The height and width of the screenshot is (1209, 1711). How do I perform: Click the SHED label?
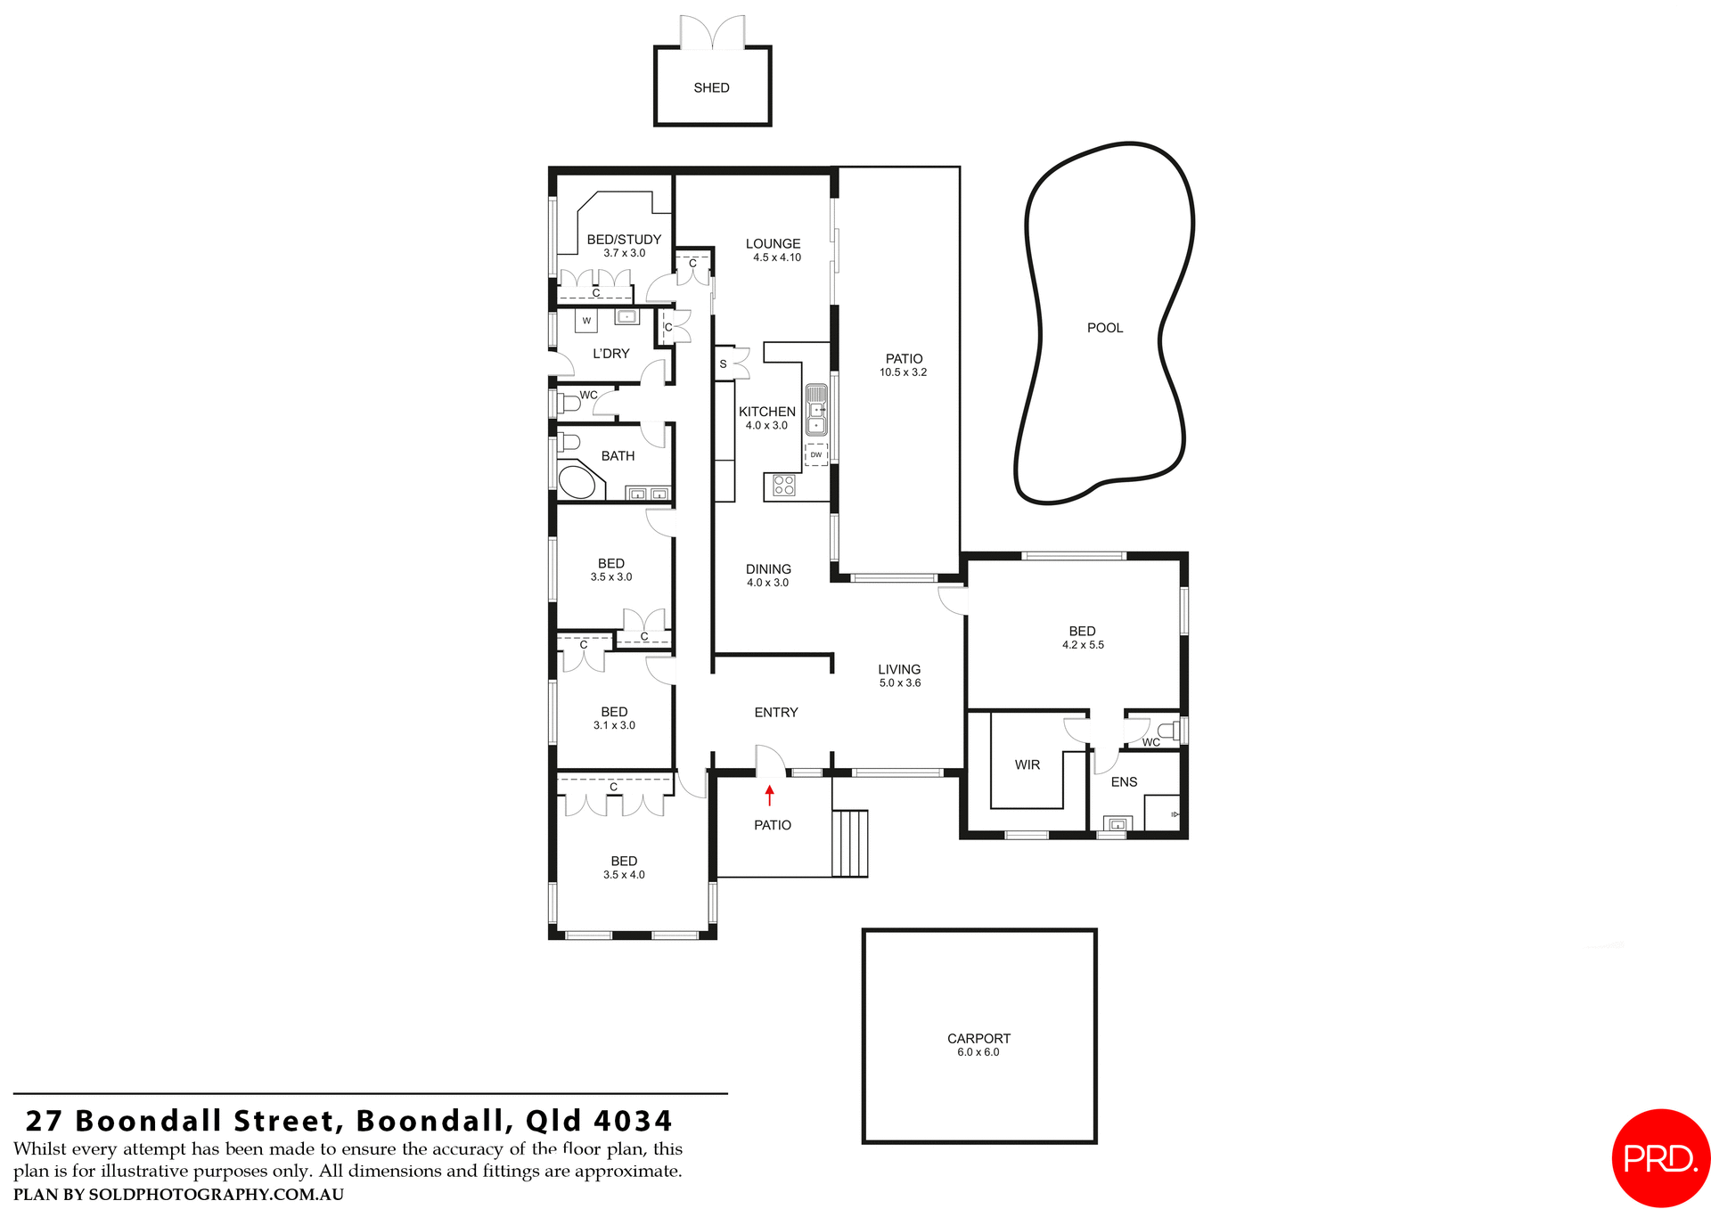[711, 87]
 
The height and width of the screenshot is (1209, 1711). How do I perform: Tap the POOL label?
[1104, 328]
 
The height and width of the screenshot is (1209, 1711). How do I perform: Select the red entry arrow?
[769, 795]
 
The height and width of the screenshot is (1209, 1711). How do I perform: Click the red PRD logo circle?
[1660, 1157]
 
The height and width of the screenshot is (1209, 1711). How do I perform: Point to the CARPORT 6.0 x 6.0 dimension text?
[978, 1052]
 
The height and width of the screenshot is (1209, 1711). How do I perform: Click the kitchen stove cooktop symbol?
[783, 485]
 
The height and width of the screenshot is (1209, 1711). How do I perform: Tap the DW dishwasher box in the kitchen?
[815, 454]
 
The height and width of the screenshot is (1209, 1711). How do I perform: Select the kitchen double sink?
[815, 409]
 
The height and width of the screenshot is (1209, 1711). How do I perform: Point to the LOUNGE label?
[773, 243]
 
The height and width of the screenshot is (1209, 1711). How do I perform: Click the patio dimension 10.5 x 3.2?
[903, 372]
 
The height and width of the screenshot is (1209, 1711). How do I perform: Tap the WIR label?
[1027, 764]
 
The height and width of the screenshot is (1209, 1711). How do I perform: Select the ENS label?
[1124, 781]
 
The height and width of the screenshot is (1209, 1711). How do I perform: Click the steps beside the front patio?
[849, 843]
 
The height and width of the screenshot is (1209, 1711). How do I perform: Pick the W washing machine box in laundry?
[586, 321]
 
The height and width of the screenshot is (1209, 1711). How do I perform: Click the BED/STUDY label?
[624, 239]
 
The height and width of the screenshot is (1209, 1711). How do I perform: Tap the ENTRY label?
[775, 712]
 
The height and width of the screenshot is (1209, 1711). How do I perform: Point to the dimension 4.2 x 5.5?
[1082, 645]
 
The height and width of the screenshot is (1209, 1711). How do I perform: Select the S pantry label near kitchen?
[723, 364]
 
